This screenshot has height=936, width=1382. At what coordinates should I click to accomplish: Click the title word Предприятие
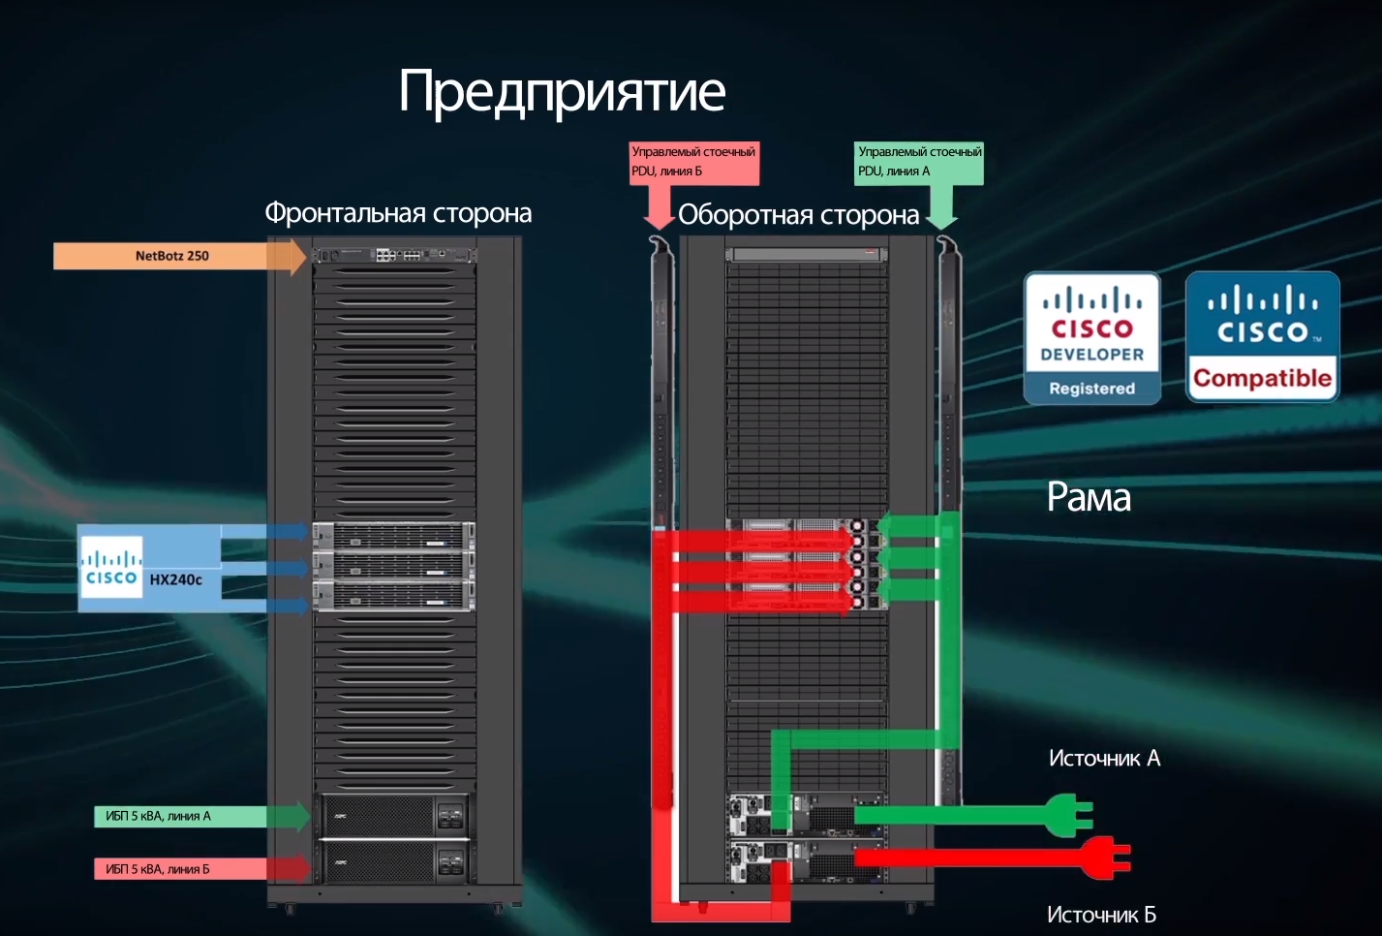562,92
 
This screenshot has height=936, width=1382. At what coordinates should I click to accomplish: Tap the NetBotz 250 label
172,256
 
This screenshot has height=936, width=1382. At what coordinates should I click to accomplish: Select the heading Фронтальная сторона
398,213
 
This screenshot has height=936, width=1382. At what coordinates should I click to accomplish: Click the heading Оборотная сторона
798,215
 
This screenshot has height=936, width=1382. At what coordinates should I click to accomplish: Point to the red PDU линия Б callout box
693,162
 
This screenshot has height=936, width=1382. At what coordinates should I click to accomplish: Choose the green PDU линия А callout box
919,162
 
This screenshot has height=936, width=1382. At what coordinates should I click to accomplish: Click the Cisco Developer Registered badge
1092,337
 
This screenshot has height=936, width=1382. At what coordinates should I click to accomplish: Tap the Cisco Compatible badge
1262,336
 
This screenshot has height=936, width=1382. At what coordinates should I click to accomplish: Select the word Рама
1089,498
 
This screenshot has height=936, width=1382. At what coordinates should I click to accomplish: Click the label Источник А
1104,759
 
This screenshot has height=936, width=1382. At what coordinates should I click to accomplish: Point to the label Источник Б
1101,915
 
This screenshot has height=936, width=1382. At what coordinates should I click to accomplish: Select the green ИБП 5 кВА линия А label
158,817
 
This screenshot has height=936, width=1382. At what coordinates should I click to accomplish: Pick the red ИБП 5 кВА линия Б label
158,869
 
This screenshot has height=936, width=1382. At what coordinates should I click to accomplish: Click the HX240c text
175,579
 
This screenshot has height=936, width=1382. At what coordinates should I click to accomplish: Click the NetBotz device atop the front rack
394,255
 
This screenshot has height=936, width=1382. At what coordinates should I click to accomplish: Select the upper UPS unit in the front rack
394,815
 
